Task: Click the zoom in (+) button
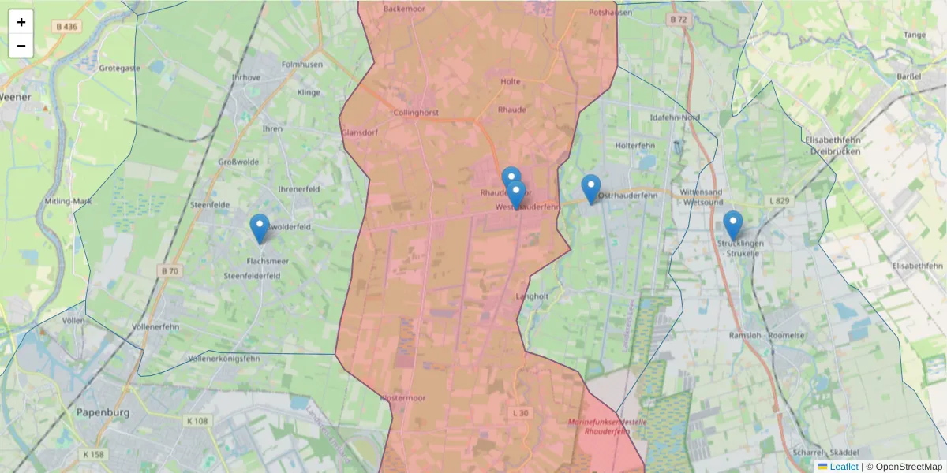click(x=21, y=22)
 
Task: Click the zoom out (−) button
click(x=21, y=46)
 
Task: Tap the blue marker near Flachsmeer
click(x=259, y=229)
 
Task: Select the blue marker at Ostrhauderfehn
click(x=591, y=189)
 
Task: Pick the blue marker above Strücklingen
click(x=733, y=225)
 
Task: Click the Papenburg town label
click(x=103, y=412)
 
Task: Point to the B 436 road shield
click(x=67, y=27)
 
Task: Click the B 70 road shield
click(x=170, y=271)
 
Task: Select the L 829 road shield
click(x=778, y=202)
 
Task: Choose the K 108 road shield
click(x=197, y=421)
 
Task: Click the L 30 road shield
click(x=520, y=413)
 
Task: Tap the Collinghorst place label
click(x=416, y=113)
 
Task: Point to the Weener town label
click(x=15, y=97)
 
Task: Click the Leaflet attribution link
click(x=844, y=467)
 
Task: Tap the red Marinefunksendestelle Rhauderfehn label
click(x=608, y=426)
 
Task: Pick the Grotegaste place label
click(x=120, y=68)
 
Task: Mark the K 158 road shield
click(x=93, y=455)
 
